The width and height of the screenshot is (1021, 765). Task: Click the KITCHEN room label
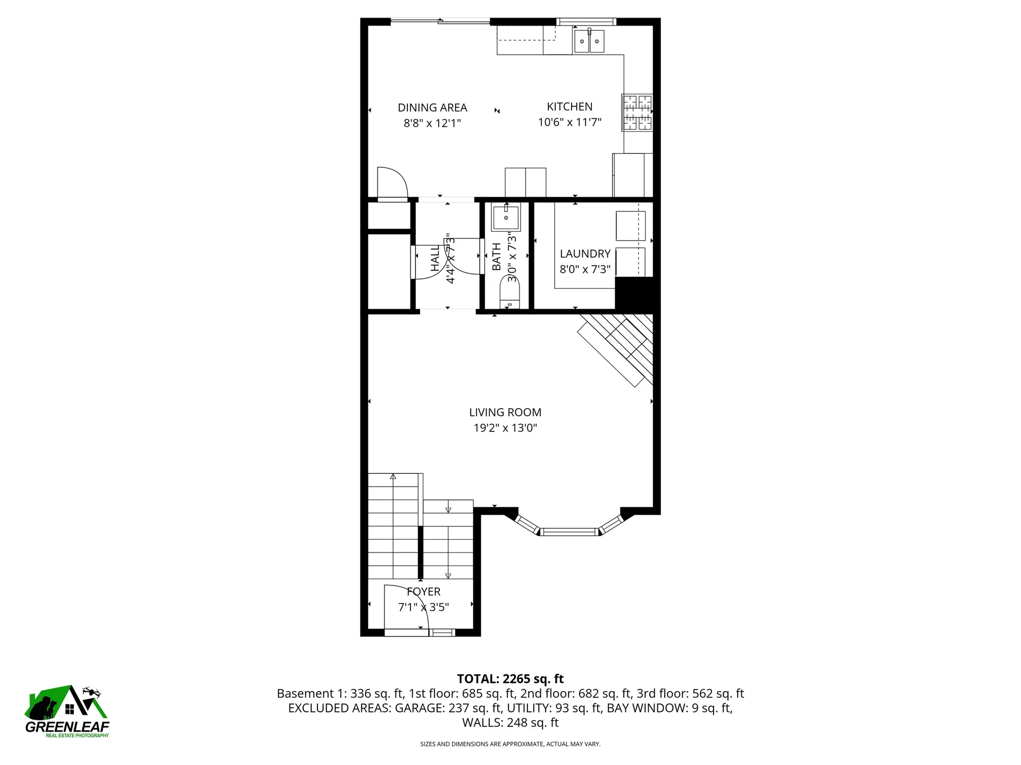tap(570, 107)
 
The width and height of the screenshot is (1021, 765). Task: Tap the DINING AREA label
tap(432, 108)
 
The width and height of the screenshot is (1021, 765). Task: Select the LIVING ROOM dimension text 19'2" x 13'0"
tap(505, 428)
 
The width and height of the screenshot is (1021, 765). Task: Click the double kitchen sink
tap(589, 41)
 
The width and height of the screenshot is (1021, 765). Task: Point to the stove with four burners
tap(637, 113)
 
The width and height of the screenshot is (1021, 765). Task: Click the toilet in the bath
tap(509, 296)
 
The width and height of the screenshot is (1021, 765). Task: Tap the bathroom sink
tap(506, 218)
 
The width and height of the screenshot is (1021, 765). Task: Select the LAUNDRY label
tap(585, 254)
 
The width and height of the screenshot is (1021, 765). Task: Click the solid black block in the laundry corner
tap(634, 293)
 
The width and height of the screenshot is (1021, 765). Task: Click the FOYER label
tap(424, 592)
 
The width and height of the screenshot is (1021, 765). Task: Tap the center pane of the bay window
tap(569, 531)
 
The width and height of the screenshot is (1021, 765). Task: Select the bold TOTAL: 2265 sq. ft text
tap(510, 679)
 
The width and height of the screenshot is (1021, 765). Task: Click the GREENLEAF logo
tap(67, 712)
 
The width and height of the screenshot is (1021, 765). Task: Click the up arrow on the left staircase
tap(393, 477)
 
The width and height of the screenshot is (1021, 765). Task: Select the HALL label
tap(436, 258)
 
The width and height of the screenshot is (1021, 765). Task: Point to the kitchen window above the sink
tap(587, 22)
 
